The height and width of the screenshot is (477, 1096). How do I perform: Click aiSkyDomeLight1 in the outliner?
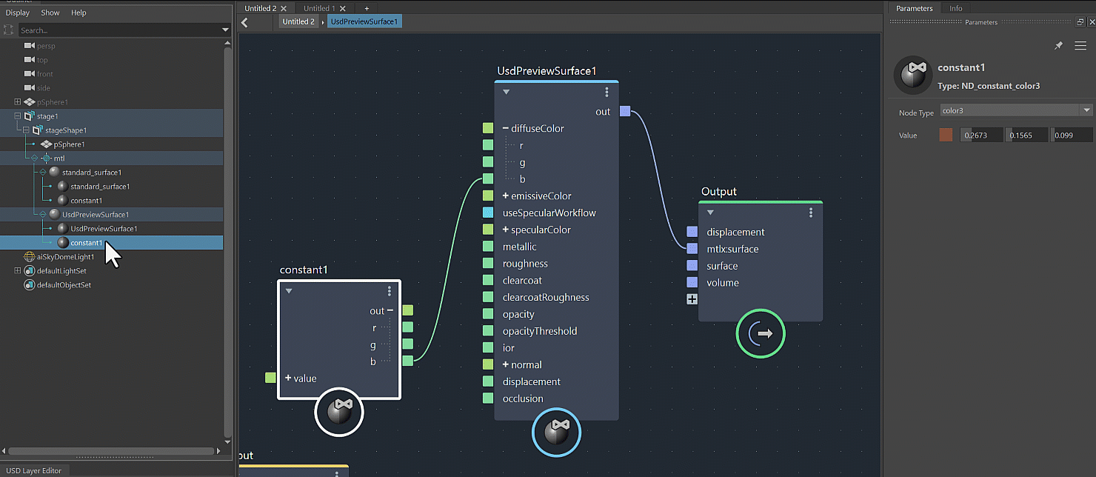(65, 257)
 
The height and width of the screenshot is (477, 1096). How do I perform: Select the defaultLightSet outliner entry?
(61, 271)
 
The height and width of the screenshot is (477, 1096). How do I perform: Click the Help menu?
(78, 13)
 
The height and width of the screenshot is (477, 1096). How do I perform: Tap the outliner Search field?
(118, 30)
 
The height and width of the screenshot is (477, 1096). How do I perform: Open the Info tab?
(956, 8)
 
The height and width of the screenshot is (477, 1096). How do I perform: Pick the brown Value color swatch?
(946, 135)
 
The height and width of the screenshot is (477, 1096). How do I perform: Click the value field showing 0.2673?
(982, 135)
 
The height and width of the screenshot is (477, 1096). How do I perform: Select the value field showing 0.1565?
(1026, 135)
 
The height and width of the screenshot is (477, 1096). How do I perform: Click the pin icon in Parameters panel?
(1058, 46)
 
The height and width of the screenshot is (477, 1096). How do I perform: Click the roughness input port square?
(488, 264)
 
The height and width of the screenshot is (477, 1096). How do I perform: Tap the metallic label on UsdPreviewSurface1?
(519, 247)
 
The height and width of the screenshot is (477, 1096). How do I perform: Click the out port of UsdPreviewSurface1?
(625, 111)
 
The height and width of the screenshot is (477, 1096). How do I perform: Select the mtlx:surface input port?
(692, 249)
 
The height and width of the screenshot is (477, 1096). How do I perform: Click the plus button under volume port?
(692, 299)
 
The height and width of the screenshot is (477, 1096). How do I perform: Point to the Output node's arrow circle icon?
(760, 334)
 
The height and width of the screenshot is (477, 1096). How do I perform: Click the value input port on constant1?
(270, 378)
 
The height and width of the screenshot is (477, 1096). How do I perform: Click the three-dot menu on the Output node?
(811, 213)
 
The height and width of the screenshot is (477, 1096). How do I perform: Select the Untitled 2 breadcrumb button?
(298, 21)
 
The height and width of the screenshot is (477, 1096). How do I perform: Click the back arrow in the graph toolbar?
(245, 22)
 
